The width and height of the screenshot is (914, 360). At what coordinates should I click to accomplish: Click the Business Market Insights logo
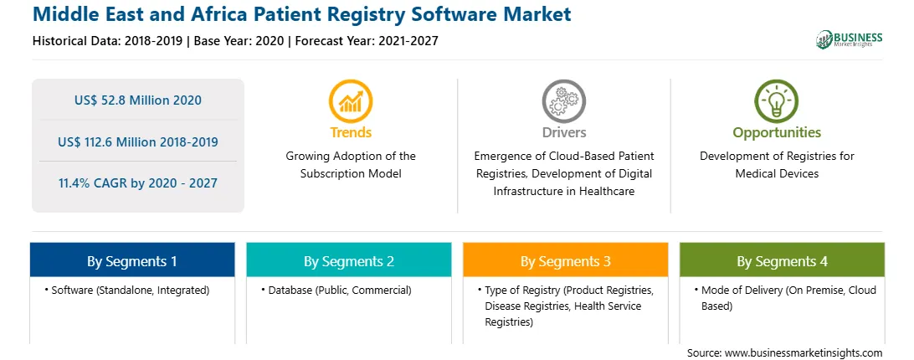850,39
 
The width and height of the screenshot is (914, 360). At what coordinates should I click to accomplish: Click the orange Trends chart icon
351,101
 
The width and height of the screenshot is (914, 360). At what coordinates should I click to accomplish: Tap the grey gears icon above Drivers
563,101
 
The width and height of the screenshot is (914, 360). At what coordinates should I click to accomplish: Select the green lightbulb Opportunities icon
777,101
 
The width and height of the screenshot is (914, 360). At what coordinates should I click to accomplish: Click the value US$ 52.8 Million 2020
138,100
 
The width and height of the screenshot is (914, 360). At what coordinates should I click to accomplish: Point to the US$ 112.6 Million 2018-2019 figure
138,141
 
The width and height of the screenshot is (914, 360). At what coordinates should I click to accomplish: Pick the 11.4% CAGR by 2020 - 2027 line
138,183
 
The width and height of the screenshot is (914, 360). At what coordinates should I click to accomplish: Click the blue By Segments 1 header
132,260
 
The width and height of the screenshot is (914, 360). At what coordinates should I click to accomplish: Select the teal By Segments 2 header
348,260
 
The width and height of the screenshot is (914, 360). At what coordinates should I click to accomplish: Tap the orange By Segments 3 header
566,260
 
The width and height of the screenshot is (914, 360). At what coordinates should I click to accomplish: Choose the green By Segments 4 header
783,260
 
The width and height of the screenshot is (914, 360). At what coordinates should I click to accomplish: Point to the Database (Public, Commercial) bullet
336,290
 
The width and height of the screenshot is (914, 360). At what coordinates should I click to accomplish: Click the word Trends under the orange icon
351,132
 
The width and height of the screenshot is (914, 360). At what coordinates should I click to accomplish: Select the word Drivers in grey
563,132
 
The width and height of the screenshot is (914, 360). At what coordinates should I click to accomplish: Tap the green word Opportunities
777,132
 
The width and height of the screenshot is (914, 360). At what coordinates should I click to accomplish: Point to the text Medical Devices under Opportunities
777,173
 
